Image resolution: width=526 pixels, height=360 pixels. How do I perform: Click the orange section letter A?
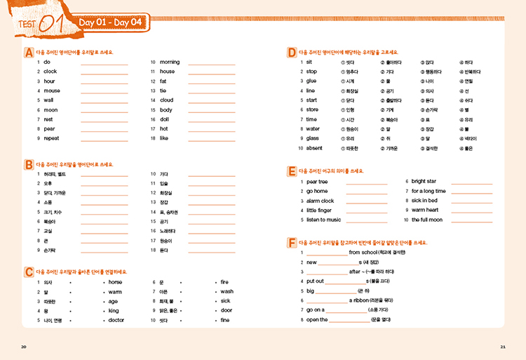29,53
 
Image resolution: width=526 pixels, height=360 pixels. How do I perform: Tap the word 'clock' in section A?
50,72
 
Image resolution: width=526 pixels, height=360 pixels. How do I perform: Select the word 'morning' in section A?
170,62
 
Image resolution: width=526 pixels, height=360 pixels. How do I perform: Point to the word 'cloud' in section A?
166,100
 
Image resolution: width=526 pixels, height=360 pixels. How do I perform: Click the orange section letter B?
29,164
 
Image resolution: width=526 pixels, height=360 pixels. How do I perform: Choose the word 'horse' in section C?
115,282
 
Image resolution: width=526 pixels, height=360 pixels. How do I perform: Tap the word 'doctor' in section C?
116,320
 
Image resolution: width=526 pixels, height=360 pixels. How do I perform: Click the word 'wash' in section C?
227,291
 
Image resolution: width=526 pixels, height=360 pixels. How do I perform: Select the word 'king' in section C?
113,310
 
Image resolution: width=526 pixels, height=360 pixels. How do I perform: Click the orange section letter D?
292,53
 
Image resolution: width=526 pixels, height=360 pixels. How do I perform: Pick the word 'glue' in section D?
311,81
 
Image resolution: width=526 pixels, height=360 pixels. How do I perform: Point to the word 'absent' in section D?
314,148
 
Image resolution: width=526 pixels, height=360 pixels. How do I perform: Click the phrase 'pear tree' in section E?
317,182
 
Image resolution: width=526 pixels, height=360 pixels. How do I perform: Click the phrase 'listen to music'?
323,220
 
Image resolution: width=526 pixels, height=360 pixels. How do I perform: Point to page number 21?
502,347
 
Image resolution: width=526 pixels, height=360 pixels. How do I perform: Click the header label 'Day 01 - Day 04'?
111,22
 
